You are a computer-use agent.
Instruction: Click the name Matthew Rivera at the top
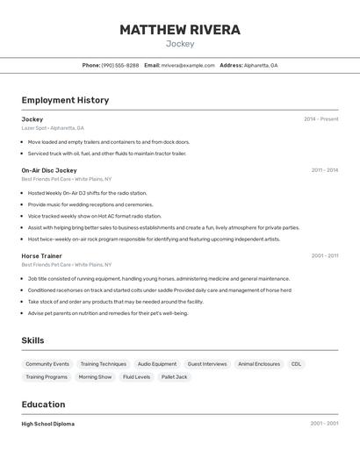[x=179, y=30]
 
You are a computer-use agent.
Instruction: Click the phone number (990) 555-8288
[x=119, y=65]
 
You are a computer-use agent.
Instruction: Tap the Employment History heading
[x=65, y=100]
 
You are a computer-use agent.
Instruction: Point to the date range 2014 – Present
[x=320, y=119]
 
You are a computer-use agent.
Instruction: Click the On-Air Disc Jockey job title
[x=49, y=170]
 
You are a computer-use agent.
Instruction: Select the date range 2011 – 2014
[x=324, y=170]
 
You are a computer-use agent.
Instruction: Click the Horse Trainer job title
[x=41, y=256]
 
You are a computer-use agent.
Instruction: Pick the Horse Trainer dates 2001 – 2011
[x=324, y=256]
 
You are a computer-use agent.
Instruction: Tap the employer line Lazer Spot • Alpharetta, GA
[x=53, y=128]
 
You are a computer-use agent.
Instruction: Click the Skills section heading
[x=32, y=340]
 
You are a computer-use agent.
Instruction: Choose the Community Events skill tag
[x=47, y=364]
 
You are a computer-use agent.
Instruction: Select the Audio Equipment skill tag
[x=157, y=364]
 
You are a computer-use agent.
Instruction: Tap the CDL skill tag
[x=297, y=364]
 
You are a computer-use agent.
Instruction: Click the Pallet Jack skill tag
[x=174, y=377]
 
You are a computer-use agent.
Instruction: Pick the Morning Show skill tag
[x=95, y=377]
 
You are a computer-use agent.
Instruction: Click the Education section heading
[x=43, y=404]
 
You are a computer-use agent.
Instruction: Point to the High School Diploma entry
[x=47, y=424]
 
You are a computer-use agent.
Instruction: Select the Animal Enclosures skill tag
[x=259, y=364]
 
